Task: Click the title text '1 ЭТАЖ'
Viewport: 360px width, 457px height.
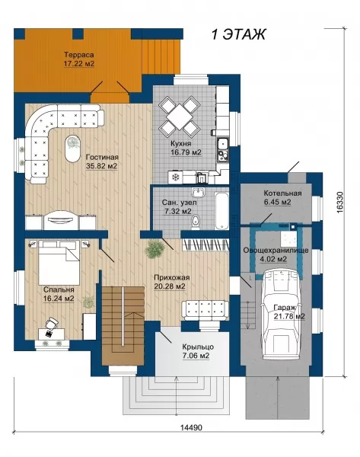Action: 238,34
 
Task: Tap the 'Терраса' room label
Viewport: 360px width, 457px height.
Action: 79,55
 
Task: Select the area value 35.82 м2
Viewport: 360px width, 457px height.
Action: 102,166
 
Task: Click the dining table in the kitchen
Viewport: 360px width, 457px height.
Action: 179,117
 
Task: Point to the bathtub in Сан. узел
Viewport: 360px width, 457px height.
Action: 221,210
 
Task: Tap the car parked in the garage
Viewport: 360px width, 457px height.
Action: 280,314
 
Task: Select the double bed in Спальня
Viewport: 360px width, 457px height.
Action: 59,262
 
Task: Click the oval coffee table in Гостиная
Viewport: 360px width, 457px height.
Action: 72,149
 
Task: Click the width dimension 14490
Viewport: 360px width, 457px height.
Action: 191,427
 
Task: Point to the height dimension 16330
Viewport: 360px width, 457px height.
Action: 341,203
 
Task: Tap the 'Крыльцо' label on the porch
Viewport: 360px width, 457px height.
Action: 198,347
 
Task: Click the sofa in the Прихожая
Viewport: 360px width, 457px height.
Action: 205,311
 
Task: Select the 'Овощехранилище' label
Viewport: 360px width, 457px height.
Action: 276,251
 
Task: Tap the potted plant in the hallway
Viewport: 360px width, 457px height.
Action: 154,248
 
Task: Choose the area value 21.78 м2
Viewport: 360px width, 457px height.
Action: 289,316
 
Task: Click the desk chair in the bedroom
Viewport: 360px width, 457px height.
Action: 52,323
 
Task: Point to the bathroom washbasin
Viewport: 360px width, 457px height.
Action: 199,192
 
